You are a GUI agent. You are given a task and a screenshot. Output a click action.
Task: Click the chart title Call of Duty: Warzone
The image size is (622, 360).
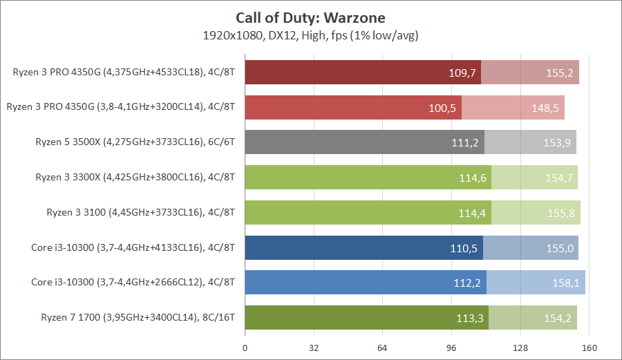coord(310,17)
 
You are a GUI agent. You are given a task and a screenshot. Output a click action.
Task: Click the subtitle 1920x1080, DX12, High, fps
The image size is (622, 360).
coord(310,34)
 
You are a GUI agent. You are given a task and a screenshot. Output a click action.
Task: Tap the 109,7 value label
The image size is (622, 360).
coord(462,73)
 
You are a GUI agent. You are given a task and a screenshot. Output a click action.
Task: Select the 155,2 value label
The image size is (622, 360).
coord(560,73)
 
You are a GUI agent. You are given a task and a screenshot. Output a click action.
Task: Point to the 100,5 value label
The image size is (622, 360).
coord(443,107)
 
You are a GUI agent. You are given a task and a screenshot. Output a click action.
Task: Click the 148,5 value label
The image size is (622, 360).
coord(546,107)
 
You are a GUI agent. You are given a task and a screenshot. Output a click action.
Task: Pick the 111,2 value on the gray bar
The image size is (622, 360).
coord(466,142)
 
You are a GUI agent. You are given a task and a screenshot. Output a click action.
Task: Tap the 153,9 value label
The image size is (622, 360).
coord(558,142)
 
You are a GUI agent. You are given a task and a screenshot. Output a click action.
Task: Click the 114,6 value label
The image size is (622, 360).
coord(473,178)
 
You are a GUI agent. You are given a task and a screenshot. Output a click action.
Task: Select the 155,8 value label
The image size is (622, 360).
coord(561,213)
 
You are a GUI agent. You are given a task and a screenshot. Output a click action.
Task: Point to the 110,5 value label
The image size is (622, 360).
coord(464,247)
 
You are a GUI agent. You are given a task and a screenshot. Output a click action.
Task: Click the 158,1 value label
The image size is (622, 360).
coord(567,283)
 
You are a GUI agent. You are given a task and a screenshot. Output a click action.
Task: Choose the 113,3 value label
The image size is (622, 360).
coord(470,318)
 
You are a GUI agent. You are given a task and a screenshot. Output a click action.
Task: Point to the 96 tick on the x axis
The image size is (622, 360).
coord(451,347)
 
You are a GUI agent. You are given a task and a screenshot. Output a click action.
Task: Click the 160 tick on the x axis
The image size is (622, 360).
coord(589,347)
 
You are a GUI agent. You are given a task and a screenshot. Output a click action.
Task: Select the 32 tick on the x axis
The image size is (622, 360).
coord(314,347)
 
